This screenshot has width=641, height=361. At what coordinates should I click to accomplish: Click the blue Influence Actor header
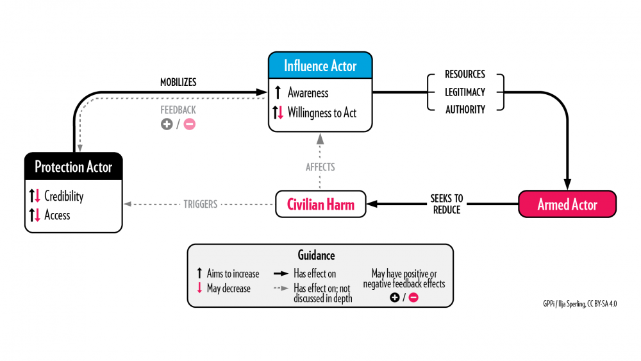tap(320, 66)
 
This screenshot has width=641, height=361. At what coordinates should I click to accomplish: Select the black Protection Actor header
tap(73, 167)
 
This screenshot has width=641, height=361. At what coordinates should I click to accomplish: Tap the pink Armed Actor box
tap(567, 205)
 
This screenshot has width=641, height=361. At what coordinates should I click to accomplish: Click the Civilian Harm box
tap(320, 205)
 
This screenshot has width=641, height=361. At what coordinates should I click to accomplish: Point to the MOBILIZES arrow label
tap(178, 82)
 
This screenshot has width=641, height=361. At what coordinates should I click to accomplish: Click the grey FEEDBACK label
tap(178, 110)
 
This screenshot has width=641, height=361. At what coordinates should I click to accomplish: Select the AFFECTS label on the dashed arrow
tap(320, 167)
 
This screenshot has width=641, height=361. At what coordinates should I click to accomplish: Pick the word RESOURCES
tap(465, 74)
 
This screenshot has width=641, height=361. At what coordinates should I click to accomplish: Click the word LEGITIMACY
tap(465, 92)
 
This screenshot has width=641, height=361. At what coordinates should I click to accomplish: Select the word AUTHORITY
tap(465, 110)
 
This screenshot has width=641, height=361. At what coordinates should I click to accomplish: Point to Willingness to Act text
tap(322, 113)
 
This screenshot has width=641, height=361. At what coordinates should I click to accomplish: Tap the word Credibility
tap(64, 196)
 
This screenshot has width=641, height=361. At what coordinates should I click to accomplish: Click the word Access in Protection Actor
tap(57, 215)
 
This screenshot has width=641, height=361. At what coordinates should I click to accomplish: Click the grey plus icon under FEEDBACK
tap(167, 124)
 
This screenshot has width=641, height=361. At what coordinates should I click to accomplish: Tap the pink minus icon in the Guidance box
tap(413, 298)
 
